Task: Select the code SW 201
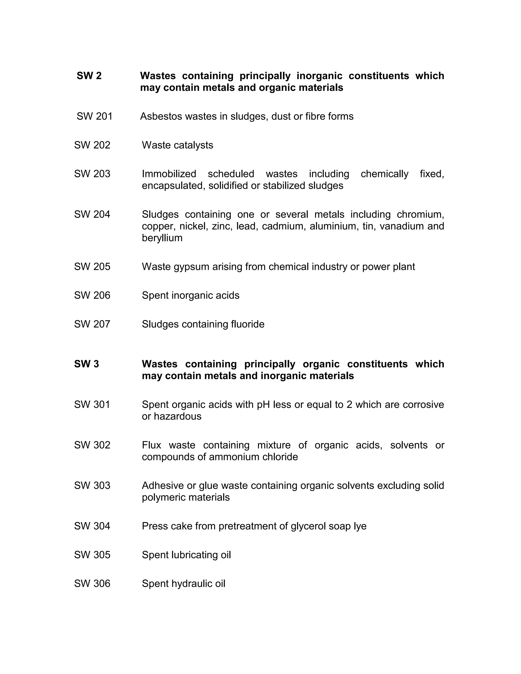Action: click(94, 116)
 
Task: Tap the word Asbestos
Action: click(161, 116)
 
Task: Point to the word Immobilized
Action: click(169, 174)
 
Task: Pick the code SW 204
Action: click(92, 214)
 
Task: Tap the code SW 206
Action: click(92, 295)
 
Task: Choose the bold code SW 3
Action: click(86, 364)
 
